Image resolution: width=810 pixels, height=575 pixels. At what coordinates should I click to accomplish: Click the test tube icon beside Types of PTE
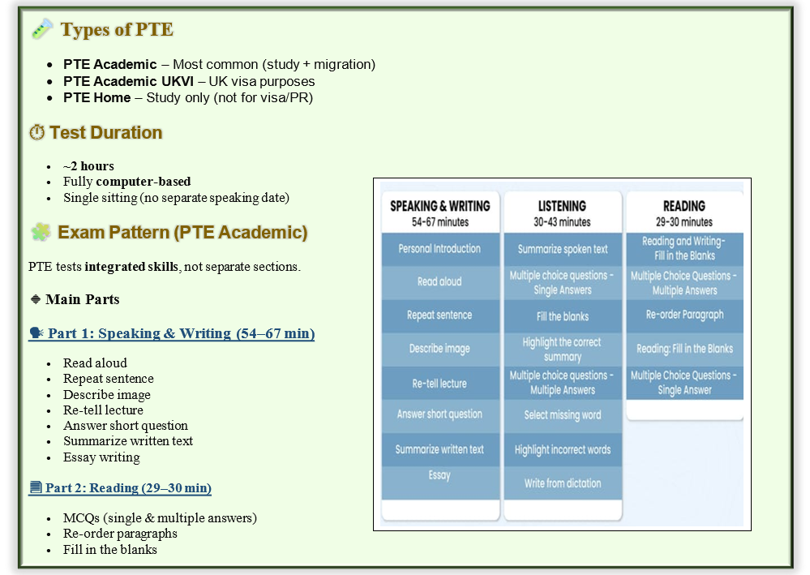pyautogui.click(x=42, y=29)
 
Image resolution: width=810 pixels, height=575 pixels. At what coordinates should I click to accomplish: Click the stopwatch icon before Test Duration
pyautogui.click(x=36, y=132)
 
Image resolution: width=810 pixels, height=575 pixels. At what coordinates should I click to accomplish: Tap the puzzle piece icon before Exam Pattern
pyautogui.click(x=41, y=232)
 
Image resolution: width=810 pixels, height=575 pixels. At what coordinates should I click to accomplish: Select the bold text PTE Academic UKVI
pyautogui.click(x=129, y=81)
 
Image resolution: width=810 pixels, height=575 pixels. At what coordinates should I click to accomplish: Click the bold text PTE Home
pyautogui.click(x=96, y=97)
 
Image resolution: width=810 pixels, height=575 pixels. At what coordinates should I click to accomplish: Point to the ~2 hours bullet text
pyautogui.click(x=88, y=165)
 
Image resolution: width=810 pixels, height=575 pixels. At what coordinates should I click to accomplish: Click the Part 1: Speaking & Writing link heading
pyautogui.click(x=172, y=333)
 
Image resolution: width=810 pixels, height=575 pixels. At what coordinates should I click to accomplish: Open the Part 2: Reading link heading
pyautogui.click(x=120, y=487)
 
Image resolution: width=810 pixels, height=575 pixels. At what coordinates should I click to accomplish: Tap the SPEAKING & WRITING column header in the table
pyautogui.click(x=440, y=212)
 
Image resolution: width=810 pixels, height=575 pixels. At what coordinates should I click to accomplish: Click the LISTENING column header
pyautogui.click(x=563, y=212)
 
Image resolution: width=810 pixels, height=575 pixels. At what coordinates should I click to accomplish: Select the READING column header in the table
pyautogui.click(x=684, y=212)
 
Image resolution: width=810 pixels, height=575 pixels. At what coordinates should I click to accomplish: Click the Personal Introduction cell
pyautogui.click(x=440, y=249)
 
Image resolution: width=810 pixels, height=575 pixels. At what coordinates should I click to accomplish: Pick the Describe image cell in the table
pyautogui.click(x=440, y=349)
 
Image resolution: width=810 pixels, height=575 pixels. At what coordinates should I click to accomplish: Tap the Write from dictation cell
pyautogui.click(x=563, y=483)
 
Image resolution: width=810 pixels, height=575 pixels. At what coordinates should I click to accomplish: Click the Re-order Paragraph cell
pyautogui.click(x=684, y=315)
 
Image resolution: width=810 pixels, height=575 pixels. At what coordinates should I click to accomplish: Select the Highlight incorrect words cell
pyautogui.click(x=563, y=449)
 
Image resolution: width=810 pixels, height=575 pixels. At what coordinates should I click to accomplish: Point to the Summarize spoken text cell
pyautogui.click(x=563, y=249)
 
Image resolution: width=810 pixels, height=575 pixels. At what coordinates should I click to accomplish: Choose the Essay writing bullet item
pyautogui.click(x=102, y=457)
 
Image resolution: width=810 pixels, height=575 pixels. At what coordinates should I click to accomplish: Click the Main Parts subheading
pyautogui.click(x=82, y=299)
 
